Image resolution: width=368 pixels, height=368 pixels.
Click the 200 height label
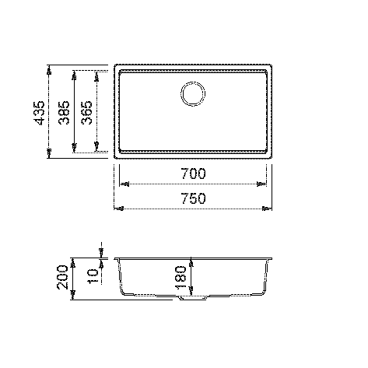63,277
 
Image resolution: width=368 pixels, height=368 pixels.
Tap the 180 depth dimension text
180,276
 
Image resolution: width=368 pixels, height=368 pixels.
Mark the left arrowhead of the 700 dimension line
122,184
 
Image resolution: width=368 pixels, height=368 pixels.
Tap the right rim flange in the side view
271,258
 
